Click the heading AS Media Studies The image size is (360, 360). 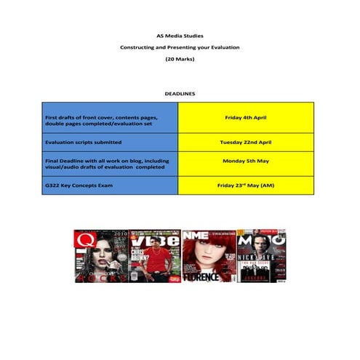coord(180,35)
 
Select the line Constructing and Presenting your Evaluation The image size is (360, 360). coord(180,47)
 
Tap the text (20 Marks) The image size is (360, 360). coord(180,60)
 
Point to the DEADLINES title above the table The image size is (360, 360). coord(180,94)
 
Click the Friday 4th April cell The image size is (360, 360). coord(246,116)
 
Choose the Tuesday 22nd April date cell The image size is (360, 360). coord(246,143)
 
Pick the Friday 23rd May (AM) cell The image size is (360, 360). coord(246,185)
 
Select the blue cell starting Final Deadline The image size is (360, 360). coord(109,164)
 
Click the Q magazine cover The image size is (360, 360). coord(100,255)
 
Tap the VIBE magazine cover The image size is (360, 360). coord(154,255)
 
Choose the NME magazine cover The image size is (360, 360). coord(208,255)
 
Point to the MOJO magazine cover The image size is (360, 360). coord(261,255)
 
